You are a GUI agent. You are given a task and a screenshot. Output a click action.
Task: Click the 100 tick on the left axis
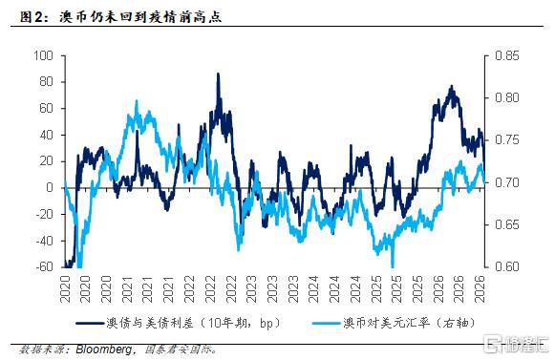[x=43, y=55]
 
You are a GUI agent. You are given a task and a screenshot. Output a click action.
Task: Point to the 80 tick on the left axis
[x=47, y=82]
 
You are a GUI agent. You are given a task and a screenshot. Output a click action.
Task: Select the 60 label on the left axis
[x=47, y=108]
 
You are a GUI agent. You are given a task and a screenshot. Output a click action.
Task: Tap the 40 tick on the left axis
[x=47, y=135]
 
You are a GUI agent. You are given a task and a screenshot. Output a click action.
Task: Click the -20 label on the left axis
[x=45, y=214]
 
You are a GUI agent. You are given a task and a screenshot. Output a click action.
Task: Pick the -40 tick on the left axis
[x=45, y=241]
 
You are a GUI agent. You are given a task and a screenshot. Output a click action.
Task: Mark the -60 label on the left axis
[x=45, y=266]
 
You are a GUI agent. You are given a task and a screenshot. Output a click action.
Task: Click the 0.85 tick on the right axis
[x=507, y=55]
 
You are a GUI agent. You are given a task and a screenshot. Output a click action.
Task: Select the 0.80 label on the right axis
[x=507, y=97]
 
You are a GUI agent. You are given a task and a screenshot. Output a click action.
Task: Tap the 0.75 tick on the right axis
[x=507, y=139]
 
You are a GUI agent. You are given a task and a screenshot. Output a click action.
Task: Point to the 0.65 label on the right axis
[x=507, y=224]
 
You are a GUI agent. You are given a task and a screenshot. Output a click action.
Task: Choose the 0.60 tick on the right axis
[x=507, y=266]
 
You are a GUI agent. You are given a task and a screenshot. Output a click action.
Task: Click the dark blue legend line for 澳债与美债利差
[x=90, y=323]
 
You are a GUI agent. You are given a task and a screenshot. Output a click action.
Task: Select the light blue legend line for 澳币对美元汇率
[x=327, y=323]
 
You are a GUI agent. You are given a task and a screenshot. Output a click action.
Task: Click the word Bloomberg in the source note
[x=104, y=349]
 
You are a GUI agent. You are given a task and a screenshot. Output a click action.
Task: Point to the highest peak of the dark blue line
[x=218, y=74]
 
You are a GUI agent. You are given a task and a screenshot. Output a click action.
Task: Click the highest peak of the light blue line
[x=137, y=101]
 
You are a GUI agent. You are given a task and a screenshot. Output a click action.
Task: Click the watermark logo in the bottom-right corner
[x=517, y=344]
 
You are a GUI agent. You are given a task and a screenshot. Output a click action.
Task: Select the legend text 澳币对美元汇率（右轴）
[x=410, y=323]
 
